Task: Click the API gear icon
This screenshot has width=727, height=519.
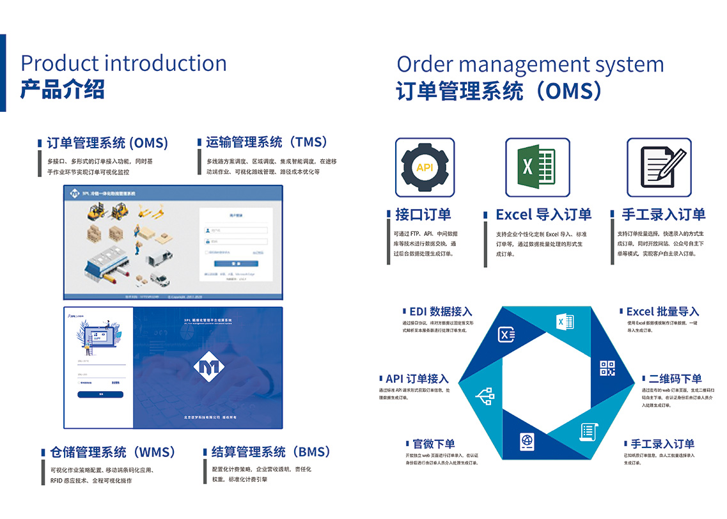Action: [425, 167]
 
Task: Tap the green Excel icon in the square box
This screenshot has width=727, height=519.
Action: [538, 167]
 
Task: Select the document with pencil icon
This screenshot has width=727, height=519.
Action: [659, 167]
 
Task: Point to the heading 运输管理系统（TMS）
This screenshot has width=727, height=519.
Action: [267, 142]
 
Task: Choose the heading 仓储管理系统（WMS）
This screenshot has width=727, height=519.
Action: [113, 452]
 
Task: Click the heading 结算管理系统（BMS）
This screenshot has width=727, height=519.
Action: [272, 452]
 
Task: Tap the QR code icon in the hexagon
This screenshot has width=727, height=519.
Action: [607, 368]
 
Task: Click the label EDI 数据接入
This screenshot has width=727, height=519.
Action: [441, 312]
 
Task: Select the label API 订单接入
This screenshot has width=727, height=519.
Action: [417, 379]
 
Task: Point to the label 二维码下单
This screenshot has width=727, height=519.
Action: [675, 379]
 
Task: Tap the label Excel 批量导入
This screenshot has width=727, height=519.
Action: [662, 312]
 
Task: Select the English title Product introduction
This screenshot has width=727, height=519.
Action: [123, 63]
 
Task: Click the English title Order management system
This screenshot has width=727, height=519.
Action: [530, 65]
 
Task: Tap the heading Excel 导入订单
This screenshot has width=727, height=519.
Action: [543, 215]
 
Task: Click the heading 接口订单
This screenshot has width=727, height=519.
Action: [423, 215]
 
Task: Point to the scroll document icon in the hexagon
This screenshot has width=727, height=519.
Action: [588, 431]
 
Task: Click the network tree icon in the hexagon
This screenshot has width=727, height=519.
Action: [485, 396]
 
